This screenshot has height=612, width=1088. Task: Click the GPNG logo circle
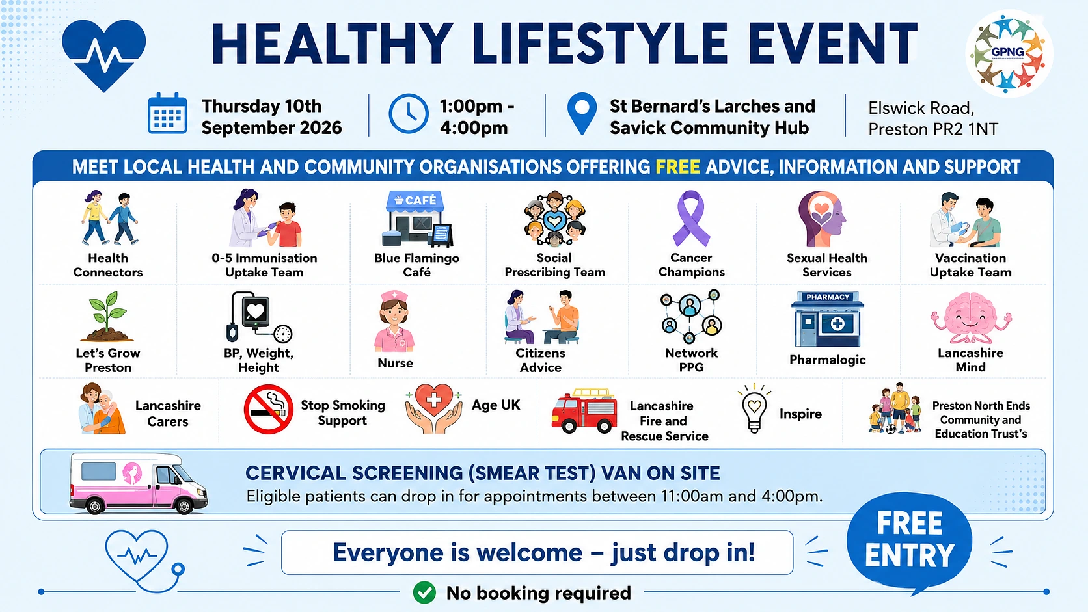coord(1009,53)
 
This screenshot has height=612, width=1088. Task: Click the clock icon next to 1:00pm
coord(409,114)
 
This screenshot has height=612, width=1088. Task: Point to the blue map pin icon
coord(582,114)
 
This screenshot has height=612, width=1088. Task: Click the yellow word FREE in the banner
coord(677,167)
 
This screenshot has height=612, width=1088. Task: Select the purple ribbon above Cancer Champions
coord(691,219)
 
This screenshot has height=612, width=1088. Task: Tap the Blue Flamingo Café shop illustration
coord(416,219)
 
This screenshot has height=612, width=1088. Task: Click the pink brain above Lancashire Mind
coord(970,318)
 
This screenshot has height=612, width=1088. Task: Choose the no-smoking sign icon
coord(268,409)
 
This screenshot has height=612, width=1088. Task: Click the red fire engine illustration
coord(584,410)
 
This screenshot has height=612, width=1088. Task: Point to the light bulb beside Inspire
coord(754,408)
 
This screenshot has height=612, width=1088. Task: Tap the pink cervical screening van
coord(139,483)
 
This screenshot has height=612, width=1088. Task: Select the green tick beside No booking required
coord(424,592)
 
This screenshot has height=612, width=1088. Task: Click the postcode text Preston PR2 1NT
coord(933,129)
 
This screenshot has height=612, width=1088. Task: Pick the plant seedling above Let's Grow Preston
coord(107,317)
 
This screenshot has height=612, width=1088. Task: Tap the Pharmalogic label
coord(827,360)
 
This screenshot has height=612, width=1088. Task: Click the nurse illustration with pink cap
coord(394,321)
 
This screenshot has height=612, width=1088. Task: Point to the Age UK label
coord(496,405)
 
